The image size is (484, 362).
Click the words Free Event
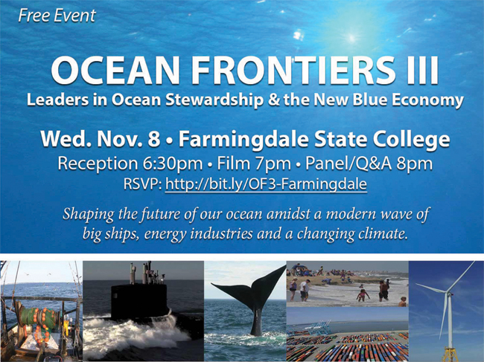(57, 16)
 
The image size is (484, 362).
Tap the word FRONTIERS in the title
(293, 70)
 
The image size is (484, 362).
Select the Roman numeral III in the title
(422, 70)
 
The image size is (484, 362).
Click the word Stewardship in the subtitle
(214, 100)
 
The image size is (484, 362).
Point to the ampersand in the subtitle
(273, 100)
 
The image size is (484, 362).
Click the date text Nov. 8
(129, 139)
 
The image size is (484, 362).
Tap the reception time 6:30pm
(173, 164)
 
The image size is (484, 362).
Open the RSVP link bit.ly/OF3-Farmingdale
(266, 184)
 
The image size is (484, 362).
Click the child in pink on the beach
(363, 295)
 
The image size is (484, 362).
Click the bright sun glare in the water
(352, 38)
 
